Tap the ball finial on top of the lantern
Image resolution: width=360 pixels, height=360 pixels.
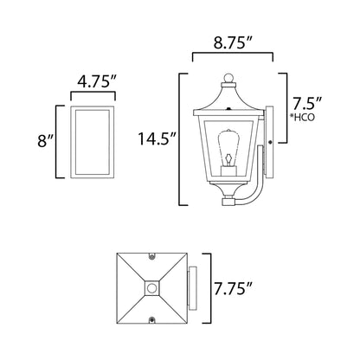click(x=230, y=82)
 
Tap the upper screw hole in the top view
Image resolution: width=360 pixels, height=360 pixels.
click(x=152, y=257)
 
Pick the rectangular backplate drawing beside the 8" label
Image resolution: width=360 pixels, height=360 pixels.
click(x=92, y=141)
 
